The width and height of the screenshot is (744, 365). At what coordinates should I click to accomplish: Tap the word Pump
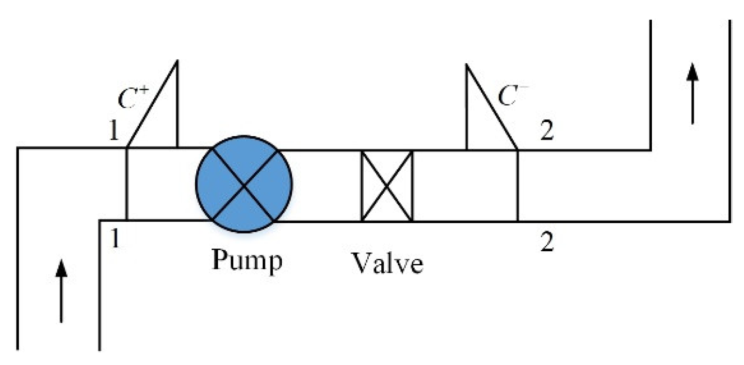tap(247, 260)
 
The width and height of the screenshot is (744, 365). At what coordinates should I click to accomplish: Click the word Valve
tap(387, 263)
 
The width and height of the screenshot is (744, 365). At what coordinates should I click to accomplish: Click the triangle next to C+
tap(161, 117)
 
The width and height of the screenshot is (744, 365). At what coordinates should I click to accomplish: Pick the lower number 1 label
tap(114, 239)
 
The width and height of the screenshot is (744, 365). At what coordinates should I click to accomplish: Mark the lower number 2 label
tap(547, 241)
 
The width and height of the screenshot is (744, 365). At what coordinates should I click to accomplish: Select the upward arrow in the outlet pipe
tap(693, 94)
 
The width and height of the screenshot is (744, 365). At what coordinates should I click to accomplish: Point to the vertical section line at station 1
tap(127, 184)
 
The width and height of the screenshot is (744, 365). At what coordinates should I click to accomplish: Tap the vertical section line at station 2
tap(518, 185)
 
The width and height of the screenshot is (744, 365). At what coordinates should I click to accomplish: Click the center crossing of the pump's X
tap(243, 185)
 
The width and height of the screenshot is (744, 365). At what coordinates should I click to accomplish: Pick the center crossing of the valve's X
tap(387, 186)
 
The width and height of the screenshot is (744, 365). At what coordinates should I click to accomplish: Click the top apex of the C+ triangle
tap(177, 61)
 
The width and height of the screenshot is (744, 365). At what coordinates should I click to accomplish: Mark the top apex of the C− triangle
tap(466, 65)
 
